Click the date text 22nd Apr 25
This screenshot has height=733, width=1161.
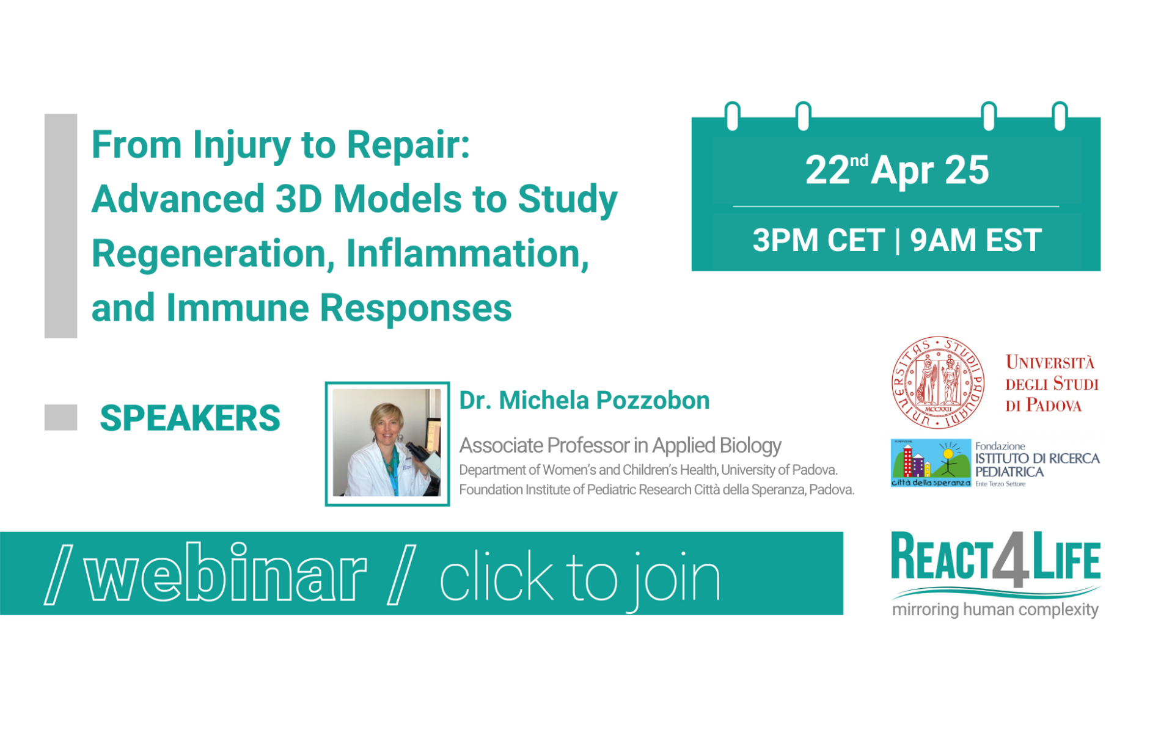[x=896, y=170]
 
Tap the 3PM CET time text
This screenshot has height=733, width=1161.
[x=818, y=240]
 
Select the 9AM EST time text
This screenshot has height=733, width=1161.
[x=976, y=240]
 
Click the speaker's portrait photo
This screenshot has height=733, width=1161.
[x=387, y=443]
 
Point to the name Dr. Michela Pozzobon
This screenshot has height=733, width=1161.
[x=584, y=401]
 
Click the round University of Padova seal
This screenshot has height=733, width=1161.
[x=938, y=382]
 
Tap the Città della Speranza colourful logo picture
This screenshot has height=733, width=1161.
[x=931, y=462]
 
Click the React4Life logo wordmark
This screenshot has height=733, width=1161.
[x=995, y=559]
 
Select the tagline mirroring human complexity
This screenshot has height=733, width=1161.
[x=995, y=610]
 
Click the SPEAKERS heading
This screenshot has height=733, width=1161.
[x=190, y=418]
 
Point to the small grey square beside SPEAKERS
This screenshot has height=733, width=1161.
[x=60, y=417]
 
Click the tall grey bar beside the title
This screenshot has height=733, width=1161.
[x=60, y=226]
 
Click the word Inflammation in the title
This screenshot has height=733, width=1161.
[x=467, y=253]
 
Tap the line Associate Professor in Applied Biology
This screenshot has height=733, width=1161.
[x=620, y=446]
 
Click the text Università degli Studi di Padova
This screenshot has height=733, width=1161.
[x=1052, y=384]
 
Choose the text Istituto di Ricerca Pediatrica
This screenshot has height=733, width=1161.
[x=1037, y=465]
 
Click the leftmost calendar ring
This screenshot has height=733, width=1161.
[x=732, y=116]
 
